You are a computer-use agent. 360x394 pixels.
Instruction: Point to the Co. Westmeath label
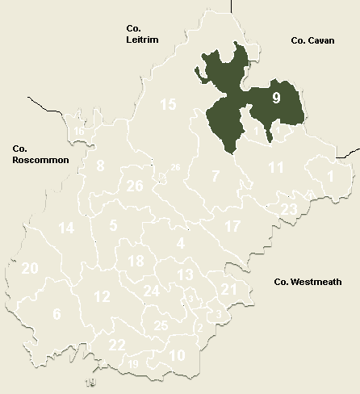pyautogui.click(x=308, y=282)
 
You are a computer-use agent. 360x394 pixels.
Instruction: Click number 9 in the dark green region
pyautogui.click(x=276, y=99)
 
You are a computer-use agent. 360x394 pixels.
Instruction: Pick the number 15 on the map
pyautogui.click(x=167, y=104)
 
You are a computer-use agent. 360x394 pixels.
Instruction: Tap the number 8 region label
pyautogui.click(x=101, y=166)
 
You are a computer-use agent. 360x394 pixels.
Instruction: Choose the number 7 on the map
pyautogui.click(x=216, y=176)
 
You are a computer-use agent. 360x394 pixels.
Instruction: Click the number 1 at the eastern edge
pyautogui.click(x=330, y=175)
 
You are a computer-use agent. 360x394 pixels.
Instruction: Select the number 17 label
pyautogui.click(x=232, y=226)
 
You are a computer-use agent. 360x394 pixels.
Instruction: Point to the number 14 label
pyautogui.click(x=66, y=228)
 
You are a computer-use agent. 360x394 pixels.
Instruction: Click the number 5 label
pyautogui.click(x=114, y=225)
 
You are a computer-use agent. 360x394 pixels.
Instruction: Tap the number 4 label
pyautogui.click(x=181, y=243)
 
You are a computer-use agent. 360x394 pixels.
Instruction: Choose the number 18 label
pyautogui.click(x=136, y=261)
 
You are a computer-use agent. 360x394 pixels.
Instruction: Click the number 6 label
pyautogui.click(x=57, y=313)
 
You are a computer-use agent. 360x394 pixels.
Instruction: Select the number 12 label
pyautogui.click(x=102, y=296)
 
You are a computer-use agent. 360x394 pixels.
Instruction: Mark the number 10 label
pyautogui.click(x=178, y=354)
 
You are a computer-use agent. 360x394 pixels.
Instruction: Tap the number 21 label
pyautogui.click(x=228, y=289)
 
